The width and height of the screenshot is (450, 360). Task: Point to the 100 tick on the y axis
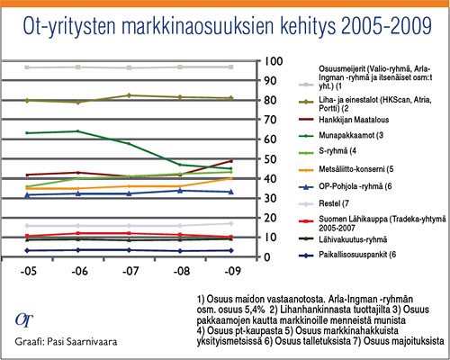pos(274,61)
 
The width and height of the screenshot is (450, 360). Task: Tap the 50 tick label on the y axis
pos(269,159)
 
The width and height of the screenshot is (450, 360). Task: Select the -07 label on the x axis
pos(130,271)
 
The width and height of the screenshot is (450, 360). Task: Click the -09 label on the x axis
pos(233,271)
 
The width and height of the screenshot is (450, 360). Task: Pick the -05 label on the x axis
pos(29,271)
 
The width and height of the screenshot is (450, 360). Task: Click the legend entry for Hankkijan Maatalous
pos(344,120)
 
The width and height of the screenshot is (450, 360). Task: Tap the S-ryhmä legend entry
pos(328,150)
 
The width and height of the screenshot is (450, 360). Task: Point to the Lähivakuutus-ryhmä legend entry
pos(343,239)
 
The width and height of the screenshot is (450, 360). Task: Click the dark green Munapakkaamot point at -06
pos(77,131)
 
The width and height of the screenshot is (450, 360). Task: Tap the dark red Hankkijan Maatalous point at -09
pos(231,161)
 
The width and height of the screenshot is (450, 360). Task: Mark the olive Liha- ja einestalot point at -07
pos(129,95)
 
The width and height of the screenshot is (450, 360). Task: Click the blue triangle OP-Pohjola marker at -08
pos(180,191)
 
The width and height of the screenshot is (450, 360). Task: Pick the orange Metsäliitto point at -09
pos(231,178)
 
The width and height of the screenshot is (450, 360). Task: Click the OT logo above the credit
pos(24,320)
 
